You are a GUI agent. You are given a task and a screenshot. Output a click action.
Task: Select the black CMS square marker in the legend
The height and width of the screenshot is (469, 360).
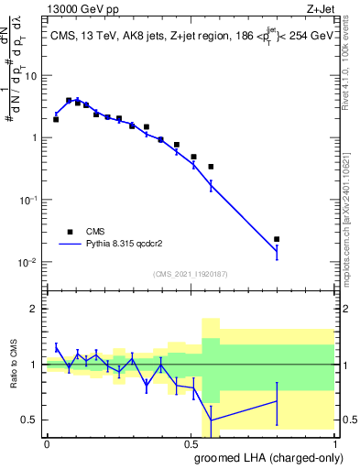coord(69,232)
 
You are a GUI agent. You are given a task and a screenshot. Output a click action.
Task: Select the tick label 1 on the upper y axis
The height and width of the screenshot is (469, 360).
coord(36,137)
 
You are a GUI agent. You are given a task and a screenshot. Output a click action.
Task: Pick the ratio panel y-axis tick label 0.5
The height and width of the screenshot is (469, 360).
coord(31,420)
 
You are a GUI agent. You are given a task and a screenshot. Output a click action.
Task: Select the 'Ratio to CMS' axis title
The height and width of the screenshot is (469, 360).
coord(13,364)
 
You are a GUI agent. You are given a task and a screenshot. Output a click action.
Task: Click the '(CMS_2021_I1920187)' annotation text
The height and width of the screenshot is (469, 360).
coord(190,274)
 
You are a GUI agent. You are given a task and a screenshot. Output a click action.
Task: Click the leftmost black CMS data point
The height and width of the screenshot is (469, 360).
coord(56,119)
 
